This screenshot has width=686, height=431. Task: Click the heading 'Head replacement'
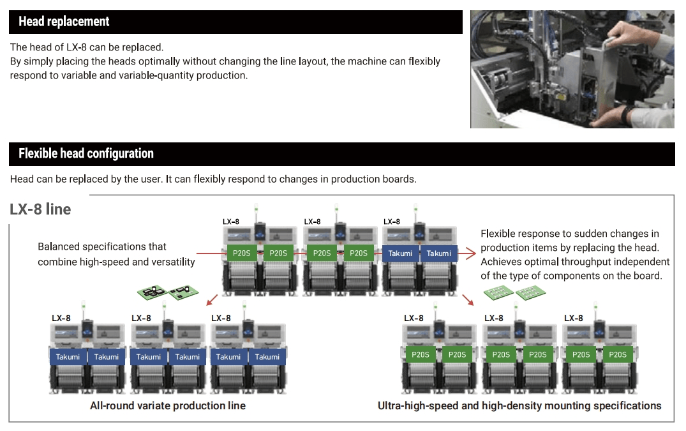[x=64, y=22]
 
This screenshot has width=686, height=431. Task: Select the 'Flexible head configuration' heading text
[x=86, y=154]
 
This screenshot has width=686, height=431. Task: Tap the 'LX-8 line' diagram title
[x=40, y=209]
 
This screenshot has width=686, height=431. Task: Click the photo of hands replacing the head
[x=572, y=69]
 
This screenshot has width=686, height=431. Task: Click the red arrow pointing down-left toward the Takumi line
[x=212, y=298]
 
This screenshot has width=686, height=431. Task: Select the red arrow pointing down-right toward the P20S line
[x=468, y=298]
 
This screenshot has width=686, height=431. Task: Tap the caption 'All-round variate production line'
[x=168, y=405]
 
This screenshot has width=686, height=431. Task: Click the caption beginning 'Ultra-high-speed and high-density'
[x=519, y=405]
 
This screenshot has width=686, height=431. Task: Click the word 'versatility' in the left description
[x=170, y=262]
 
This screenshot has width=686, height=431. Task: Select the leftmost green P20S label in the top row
[x=242, y=253]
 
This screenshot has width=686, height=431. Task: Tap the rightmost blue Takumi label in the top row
[x=438, y=253]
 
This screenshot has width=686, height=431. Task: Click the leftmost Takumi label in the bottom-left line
[x=68, y=357]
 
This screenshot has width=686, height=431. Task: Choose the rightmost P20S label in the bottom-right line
[x=617, y=355]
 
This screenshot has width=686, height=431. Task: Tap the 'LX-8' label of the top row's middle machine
[x=312, y=222]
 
